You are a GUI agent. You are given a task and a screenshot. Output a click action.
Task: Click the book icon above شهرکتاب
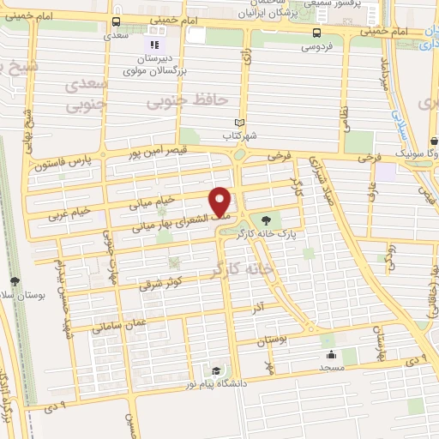[239, 123]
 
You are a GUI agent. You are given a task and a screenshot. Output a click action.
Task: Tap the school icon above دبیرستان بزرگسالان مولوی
[154, 44]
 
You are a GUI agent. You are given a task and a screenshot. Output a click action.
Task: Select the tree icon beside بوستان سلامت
[15, 281]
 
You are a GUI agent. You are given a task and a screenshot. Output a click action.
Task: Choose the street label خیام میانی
[152, 202]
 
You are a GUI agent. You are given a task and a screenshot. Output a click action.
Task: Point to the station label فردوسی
[316, 47]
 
